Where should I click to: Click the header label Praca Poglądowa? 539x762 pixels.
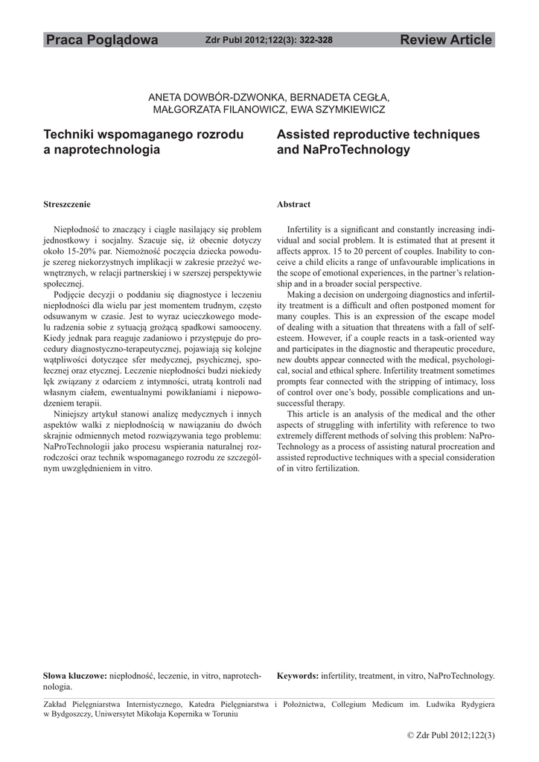click(102, 40)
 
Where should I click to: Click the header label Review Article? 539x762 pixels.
click(446, 40)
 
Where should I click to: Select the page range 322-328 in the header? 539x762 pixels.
click(316, 40)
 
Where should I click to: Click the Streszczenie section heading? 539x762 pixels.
click(67, 205)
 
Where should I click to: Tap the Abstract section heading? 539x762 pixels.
click(293, 205)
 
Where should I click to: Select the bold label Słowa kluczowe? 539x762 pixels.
click(75, 676)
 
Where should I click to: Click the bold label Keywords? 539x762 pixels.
click(298, 676)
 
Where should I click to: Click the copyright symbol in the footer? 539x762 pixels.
click(411, 736)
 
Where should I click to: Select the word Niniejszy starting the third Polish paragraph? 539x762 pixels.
click(72, 414)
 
